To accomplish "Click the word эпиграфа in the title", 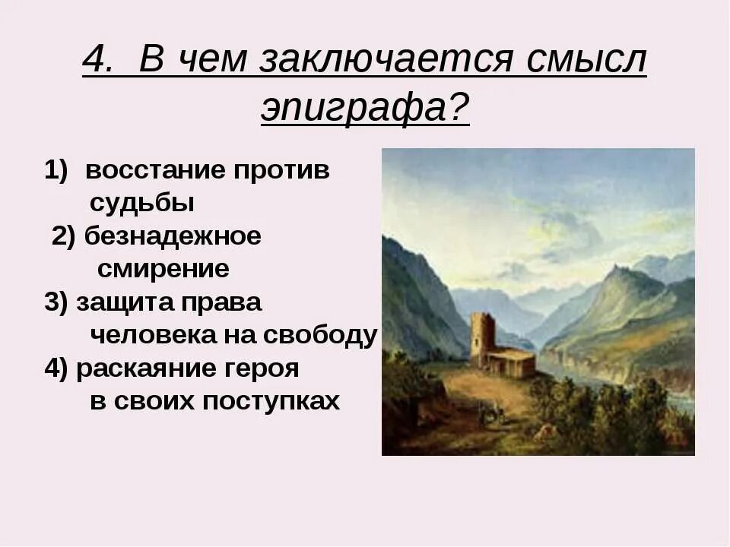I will [364, 109].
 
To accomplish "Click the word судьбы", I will [142, 204].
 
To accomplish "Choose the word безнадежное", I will [173, 236].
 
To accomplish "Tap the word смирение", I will [163, 269].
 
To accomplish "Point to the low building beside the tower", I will [511, 362].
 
